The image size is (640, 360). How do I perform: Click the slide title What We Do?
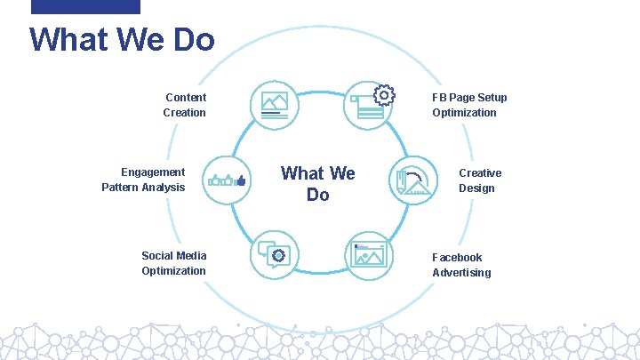coord(122,40)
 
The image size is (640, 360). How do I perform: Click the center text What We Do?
coord(317,183)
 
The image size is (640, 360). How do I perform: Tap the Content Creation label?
coord(185,105)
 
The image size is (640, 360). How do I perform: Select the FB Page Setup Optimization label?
coord(469,105)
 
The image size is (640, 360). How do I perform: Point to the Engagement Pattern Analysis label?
coord(143,180)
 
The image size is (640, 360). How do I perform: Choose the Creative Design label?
coord(480,180)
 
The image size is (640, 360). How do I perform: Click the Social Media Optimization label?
coord(173,263)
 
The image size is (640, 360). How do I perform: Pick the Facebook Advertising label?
coord(461,265)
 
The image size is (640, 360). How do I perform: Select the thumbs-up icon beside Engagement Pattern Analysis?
coord(228,180)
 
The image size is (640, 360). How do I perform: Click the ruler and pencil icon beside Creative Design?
coord(414,181)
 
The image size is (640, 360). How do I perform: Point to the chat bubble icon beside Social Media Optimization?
coord(276,255)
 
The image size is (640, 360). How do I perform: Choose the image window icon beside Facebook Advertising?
coord(369,255)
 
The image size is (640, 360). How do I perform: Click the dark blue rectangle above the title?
coord(85,6)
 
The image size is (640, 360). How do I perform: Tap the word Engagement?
coord(153,172)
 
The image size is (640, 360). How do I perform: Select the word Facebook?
coord(457,258)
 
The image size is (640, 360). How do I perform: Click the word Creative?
coord(480,173)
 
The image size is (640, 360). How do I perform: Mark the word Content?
coord(186,98)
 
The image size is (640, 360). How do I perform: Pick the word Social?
coord(159,256)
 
